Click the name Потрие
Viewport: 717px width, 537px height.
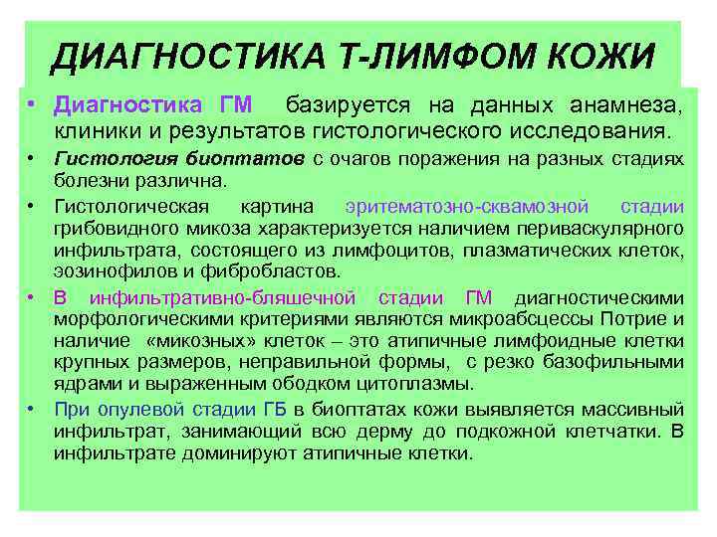click(x=637, y=318)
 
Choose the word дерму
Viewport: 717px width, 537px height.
click(x=368, y=431)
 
